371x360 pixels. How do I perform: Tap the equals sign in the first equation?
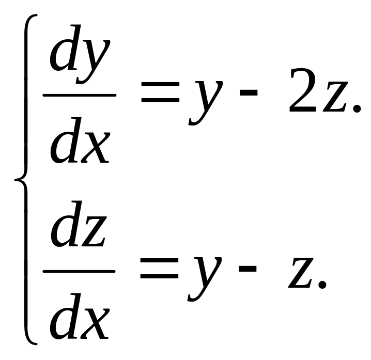(x=161, y=95)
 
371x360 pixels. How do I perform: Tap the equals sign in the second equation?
(x=161, y=271)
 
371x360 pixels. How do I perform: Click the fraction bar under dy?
(x=79, y=95)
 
